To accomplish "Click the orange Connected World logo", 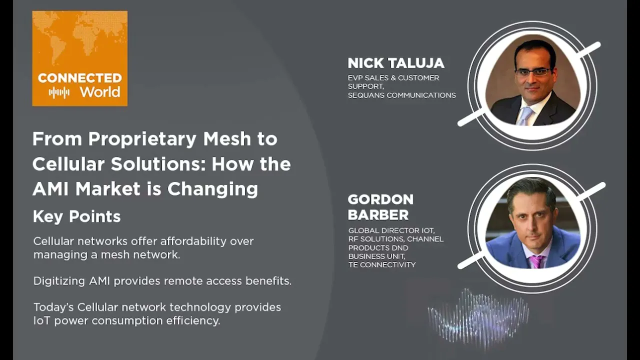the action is coord(80,58).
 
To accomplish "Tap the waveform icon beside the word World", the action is coord(59,93).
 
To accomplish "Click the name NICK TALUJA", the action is coord(396,63).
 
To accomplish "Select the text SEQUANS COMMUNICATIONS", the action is coord(401,95).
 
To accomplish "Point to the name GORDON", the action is coord(380,199).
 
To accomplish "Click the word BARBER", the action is coord(378,215).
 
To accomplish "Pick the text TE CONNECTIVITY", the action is coord(382,265).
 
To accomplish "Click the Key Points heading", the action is coord(77,216).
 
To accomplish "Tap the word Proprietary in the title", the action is coord(142,139).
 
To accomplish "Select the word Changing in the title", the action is coord(213,189).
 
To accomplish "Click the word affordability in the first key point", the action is coord(193,241).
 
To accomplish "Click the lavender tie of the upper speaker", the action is coord(525,115).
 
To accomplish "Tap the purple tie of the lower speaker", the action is coord(536,261).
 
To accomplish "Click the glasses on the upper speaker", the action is coord(533,72).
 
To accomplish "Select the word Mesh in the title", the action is coord(227,138).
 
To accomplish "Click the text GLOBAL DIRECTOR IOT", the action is coord(391,230).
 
